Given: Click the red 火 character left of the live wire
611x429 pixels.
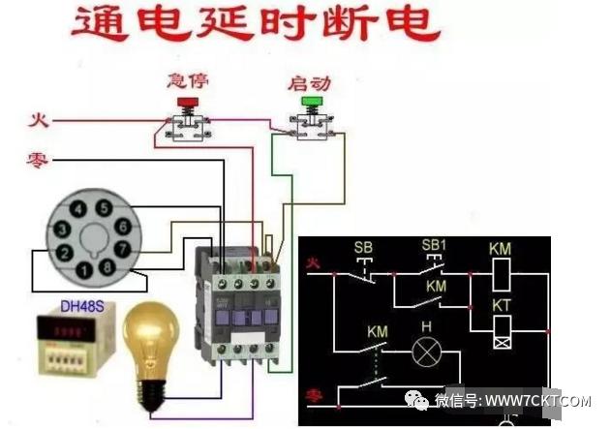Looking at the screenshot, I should point(38,120).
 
